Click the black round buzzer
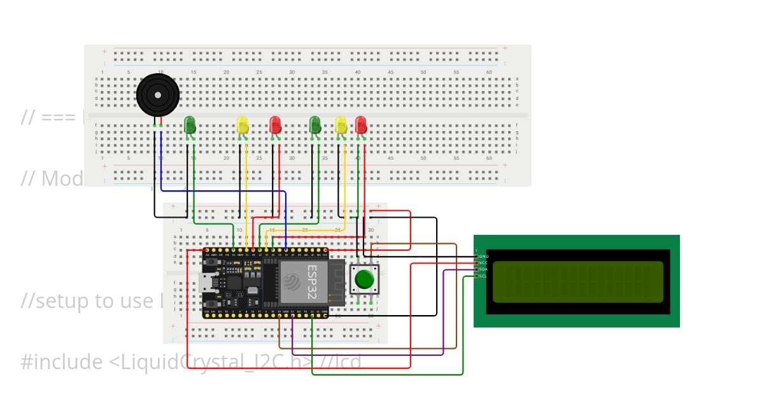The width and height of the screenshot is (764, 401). click(x=158, y=95)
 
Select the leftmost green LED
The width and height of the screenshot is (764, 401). click(x=190, y=124)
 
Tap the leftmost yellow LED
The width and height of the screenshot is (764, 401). click(x=243, y=124)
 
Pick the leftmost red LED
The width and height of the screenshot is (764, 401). click(x=275, y=124)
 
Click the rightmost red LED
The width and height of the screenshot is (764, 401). click(x=361, y=124)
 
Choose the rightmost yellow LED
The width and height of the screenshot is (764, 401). click(x=341, y=124)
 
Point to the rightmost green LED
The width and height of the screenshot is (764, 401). click(x=315, y=124)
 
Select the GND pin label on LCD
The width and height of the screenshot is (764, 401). click(x=483, y=256)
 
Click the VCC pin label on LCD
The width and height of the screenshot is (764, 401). click(x=483, y=262)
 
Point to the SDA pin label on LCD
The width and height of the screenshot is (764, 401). click(x=483, y=269)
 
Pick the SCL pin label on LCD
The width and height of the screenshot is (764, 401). click(x=483, y=276)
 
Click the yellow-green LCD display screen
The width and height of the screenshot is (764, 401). click(x=577, y=281)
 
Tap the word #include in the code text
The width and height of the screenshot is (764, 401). click(x=61, y=362)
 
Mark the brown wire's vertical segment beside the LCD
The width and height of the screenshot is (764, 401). click(x=456, y=293)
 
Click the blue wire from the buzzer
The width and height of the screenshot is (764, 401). click(x=161, y=159)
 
